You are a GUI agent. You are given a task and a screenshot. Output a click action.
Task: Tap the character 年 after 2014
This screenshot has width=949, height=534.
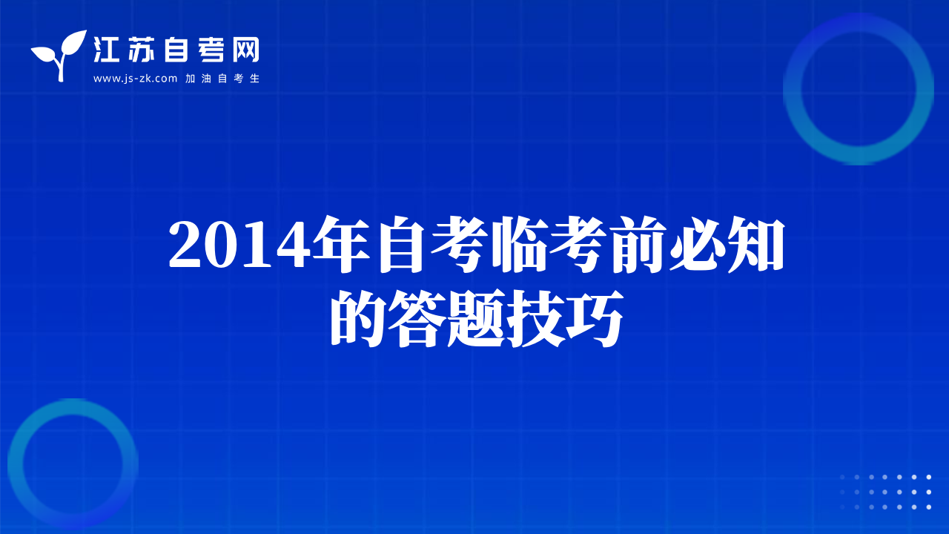[x=341, y=244]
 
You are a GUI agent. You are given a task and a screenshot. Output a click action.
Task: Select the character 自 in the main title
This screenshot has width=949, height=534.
[x=401, y=244]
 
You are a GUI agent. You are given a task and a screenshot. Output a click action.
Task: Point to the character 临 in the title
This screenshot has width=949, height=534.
[x=518, y=244]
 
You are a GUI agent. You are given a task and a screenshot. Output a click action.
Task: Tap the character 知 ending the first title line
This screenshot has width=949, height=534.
[x=755, y=244]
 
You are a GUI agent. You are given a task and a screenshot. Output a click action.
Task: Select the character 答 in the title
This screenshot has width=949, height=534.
[x=417, y=318]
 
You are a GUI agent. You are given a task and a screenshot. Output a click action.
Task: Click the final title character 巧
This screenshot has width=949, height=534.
[x=595, y=318]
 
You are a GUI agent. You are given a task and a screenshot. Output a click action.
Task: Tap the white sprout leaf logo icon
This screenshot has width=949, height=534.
[x=59, y=55]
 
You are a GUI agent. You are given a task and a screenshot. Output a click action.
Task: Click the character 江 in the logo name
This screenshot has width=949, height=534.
[x=106, y=50]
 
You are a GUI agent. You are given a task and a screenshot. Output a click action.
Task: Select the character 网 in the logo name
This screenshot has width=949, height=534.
[x=245, y=50]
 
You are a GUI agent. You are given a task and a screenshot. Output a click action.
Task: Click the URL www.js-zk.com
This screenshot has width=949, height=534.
[x=135, y=79]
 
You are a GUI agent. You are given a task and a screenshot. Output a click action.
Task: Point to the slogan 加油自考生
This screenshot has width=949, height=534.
[x=222, y=79]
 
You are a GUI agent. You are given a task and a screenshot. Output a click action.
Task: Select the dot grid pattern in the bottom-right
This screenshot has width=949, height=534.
[x=884, y=492]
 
